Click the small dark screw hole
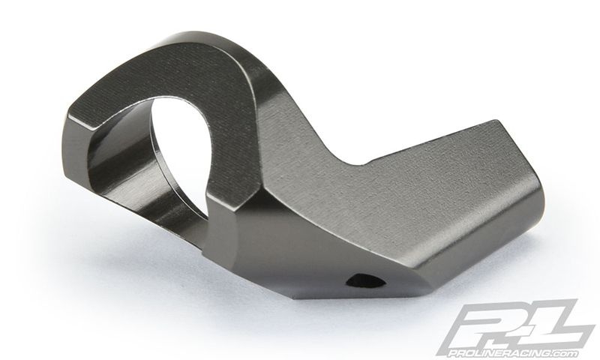(365, 281)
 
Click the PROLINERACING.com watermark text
(513, 352)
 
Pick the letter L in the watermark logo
(555, 323)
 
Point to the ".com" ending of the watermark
(565, 352)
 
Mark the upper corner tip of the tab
(497, 121)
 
